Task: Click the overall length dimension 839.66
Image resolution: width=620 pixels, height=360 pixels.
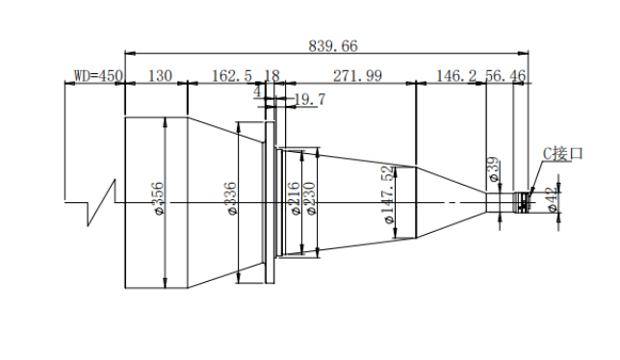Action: point(333,46)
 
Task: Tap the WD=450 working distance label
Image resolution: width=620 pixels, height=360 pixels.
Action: point(98,75)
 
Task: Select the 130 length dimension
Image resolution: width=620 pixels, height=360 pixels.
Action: point(160,75)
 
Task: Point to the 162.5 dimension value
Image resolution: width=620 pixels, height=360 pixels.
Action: point(232,75)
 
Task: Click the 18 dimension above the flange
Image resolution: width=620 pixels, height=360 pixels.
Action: point(271,75)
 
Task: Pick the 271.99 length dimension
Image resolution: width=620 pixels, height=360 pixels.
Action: point(357,75)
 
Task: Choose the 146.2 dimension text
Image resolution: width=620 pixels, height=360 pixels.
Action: point(456,75)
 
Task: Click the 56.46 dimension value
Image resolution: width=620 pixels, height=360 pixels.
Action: point(505,75)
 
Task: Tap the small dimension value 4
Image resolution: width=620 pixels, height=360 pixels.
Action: point(257,92)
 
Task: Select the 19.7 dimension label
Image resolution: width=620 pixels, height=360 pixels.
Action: point(310,99)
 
